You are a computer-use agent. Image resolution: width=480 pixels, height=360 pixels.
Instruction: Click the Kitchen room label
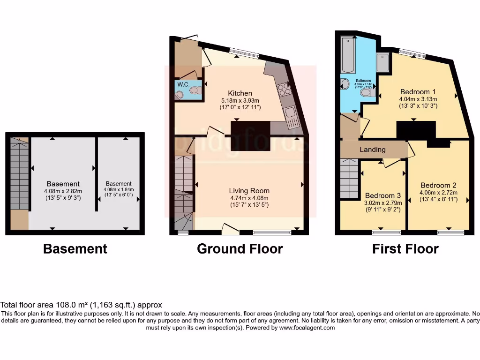240,93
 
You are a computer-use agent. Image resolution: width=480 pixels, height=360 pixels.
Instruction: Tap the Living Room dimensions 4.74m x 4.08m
249,198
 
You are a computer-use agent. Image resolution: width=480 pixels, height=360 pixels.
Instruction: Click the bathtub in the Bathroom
348,55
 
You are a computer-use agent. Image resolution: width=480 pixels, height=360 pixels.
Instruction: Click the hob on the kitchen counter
284,89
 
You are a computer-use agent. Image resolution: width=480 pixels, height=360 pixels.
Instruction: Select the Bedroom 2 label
438,185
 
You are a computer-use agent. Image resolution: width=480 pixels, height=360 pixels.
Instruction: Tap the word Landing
373,150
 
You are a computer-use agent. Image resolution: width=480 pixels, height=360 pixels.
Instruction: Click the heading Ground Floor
240,248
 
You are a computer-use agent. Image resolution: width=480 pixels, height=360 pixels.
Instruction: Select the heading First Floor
405,248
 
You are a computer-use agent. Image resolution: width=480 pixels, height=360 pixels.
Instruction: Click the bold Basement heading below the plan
75,248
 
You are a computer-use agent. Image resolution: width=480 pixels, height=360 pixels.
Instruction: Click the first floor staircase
349,179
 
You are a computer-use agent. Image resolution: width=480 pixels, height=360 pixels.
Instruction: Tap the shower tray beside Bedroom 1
382,63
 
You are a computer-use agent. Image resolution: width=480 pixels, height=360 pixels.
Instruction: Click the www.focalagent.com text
307,328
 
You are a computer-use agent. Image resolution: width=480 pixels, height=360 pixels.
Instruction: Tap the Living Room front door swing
229,229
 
